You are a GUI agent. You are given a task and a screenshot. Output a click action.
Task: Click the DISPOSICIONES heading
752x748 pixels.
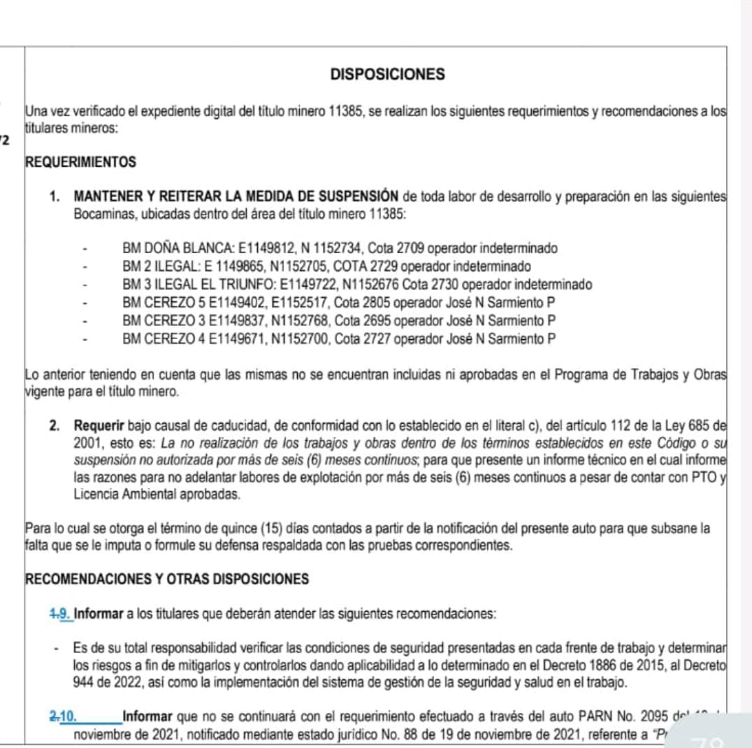[x=387, y=74]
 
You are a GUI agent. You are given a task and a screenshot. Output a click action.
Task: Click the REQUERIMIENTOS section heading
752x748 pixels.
[x=80, y=162]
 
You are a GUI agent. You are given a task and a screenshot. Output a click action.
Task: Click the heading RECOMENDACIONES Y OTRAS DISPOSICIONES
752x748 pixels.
[x=166, y=580]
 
